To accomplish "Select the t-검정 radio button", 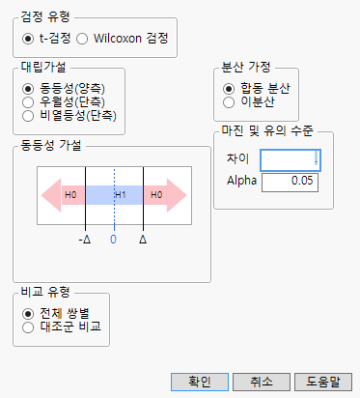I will (x=28, y=39).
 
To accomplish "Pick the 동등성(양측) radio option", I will (x=28, y=88).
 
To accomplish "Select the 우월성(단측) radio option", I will (x=28, y=101).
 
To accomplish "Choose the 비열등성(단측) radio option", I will (x=28, y=115).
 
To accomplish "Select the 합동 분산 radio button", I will (x=229, y=88).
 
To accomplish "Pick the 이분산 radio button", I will (x=229, y=101).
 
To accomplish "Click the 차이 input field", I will (x=291, y=159).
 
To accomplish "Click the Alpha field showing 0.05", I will (x=291, y=181).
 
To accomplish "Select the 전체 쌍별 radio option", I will (x=28, y=313).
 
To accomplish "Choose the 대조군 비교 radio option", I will (x=28, y=327).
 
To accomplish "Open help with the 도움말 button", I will (x=322, y=381).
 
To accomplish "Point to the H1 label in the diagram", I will (x=121, y=194).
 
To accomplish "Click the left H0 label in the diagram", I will (x=70, y=194).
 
